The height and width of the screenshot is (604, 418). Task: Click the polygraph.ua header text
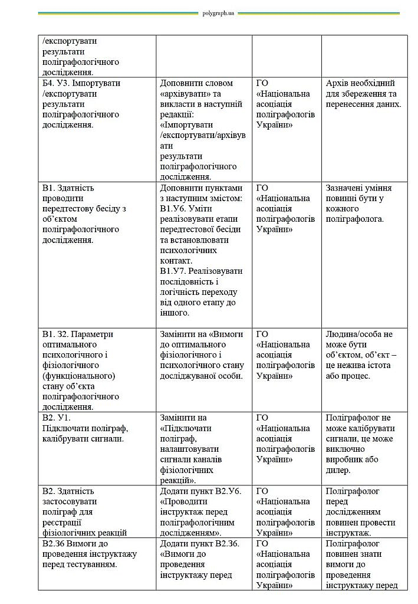(x=218, y=13)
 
